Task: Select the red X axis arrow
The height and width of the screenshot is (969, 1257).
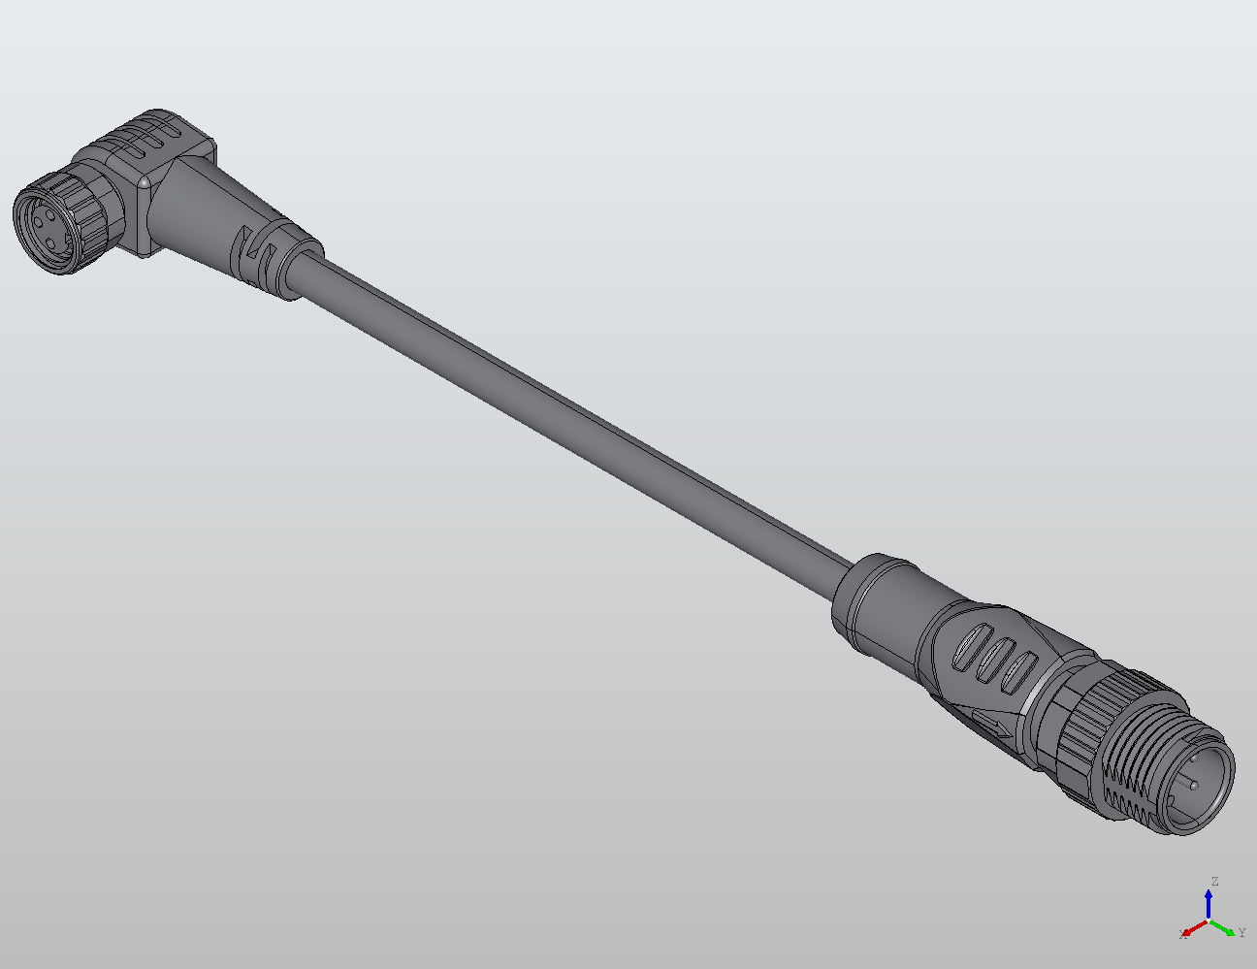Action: click(1194, 928)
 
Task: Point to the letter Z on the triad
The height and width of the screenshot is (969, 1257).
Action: click(1213, 882)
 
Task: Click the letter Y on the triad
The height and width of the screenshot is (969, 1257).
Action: click(1241, 933)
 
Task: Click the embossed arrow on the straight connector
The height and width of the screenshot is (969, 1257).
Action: click(989, 723)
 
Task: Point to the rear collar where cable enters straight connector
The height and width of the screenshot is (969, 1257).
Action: click(873, 597)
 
